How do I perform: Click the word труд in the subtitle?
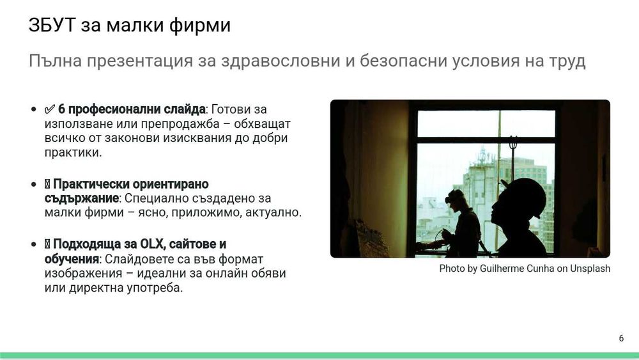point(565,61)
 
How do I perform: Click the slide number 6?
point(621,338)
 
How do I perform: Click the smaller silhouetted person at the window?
point(463,224)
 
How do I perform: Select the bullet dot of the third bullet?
point(33,245)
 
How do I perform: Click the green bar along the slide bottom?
point(319,356)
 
